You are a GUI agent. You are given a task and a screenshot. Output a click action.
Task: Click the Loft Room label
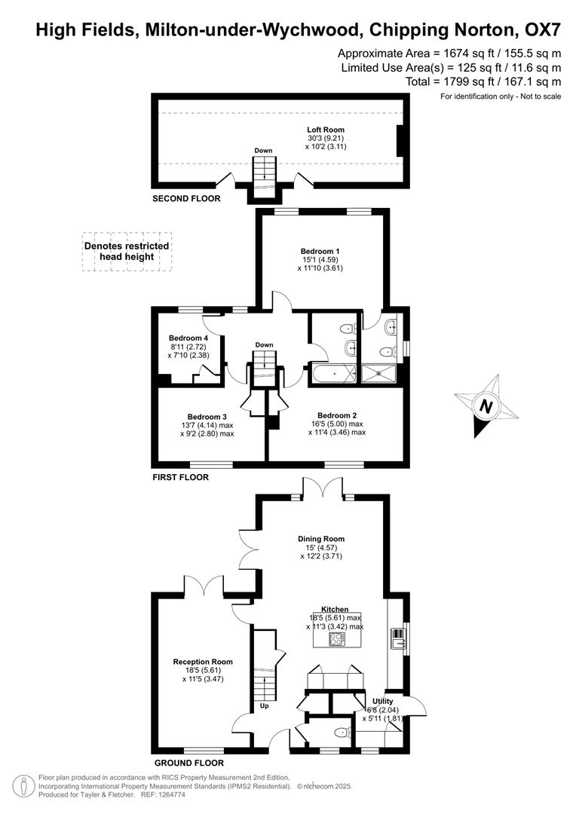(325, 130)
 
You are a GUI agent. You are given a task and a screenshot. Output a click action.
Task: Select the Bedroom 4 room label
(188, 338)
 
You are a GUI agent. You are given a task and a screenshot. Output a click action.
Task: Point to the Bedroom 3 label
(207, 417)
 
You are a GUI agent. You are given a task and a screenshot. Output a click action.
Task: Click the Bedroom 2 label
(336, 415)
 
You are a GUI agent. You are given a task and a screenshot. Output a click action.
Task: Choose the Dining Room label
(321, 539)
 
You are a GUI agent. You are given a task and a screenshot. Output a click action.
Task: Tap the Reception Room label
(202, 662)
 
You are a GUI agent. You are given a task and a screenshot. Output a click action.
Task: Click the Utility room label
(382, 701)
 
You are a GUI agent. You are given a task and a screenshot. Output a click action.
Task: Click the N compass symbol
(486, 406)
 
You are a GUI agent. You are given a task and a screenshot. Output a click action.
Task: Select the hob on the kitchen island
(337, 639)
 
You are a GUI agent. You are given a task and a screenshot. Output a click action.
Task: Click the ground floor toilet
(342, 731)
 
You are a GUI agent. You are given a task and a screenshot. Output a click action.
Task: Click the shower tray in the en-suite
(380, 373)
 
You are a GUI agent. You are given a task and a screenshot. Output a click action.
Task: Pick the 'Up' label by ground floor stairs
(264, 707)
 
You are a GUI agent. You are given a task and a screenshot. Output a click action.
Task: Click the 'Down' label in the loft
(263, 151)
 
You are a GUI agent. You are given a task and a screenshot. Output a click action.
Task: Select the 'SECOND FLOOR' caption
(186, 199)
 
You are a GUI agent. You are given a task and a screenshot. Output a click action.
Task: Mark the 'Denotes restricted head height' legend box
(127, 251)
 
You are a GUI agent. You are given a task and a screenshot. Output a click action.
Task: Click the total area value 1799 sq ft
(479, 81)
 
